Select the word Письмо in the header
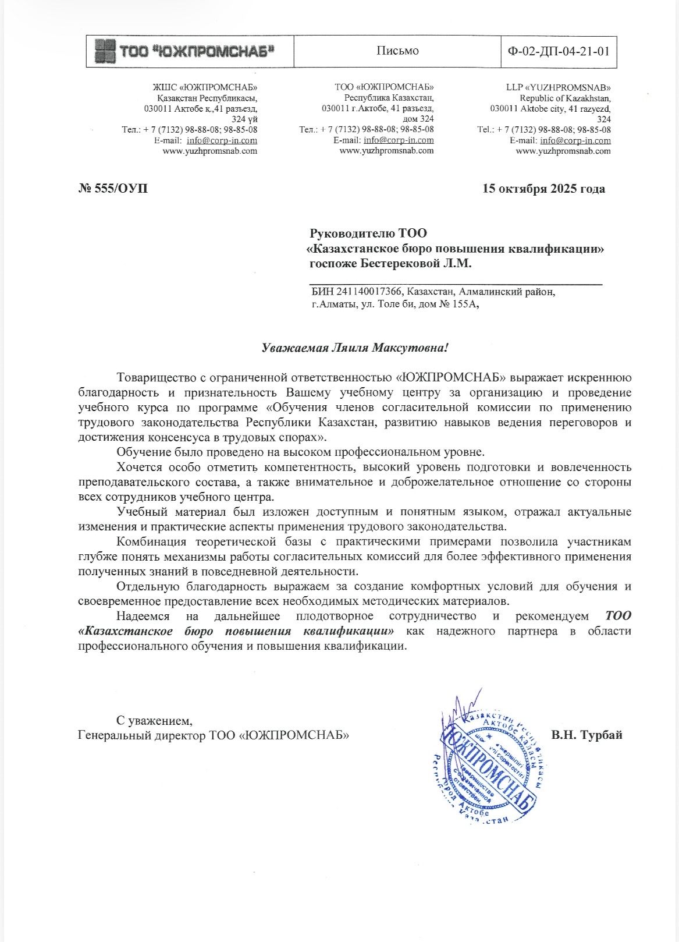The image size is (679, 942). (x=397, y=51)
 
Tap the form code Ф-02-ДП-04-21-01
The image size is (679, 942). (x=559, y=51)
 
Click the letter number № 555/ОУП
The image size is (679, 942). (x=113, y=189)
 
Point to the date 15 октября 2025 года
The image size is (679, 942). (x=543, y=189)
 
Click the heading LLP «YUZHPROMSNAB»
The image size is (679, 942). (x=558, y=87)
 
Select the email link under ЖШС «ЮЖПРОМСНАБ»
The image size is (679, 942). (x=222, y=140)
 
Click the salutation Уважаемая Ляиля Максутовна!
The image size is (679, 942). (x=356, y=348)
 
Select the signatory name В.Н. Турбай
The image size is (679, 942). (x=586, y=735)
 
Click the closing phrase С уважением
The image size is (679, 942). (x=154, y=720)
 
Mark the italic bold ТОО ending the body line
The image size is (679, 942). (x=618, y=616)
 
